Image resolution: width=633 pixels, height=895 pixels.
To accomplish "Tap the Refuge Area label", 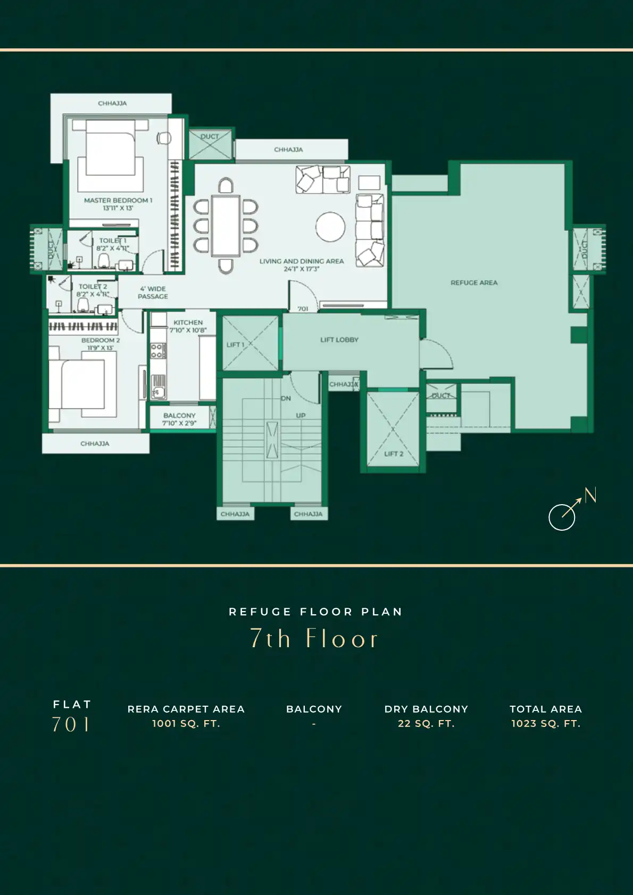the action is (x=474, y=282).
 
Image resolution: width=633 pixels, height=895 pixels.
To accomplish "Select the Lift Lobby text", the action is (x=339, y=340).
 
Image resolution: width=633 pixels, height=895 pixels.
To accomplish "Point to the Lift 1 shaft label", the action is (x=235, y=345).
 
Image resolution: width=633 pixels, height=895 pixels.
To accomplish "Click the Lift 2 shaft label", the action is (x=394, y=454).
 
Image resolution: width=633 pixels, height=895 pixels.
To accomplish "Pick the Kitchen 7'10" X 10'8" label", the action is (x=188, y=326).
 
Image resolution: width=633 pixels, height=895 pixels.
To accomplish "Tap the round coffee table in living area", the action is (x=330, y=227).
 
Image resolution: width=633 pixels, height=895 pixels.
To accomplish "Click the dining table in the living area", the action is (x=226, y=226).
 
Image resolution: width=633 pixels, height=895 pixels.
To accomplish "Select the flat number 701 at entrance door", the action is (x=303, y=308).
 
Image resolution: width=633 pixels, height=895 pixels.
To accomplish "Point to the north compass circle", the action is (x=562, y=517).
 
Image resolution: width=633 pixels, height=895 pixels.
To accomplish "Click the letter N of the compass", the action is (x=590, y=495).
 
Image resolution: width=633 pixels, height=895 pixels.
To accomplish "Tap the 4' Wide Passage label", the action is (x=153, y=292).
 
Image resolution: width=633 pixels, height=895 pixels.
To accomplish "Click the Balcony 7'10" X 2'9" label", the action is (x=179, y=419).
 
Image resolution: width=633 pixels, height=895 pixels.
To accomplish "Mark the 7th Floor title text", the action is (x=314, y=638).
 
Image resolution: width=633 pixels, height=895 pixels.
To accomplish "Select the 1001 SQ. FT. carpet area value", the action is (x=186, y=724).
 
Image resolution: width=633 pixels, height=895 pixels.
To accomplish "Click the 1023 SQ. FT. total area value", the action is (x=546, y=724).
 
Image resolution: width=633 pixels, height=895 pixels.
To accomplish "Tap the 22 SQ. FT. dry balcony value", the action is (x=426, y=724).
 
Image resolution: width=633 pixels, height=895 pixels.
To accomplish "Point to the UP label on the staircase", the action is (x=301, y=415).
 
